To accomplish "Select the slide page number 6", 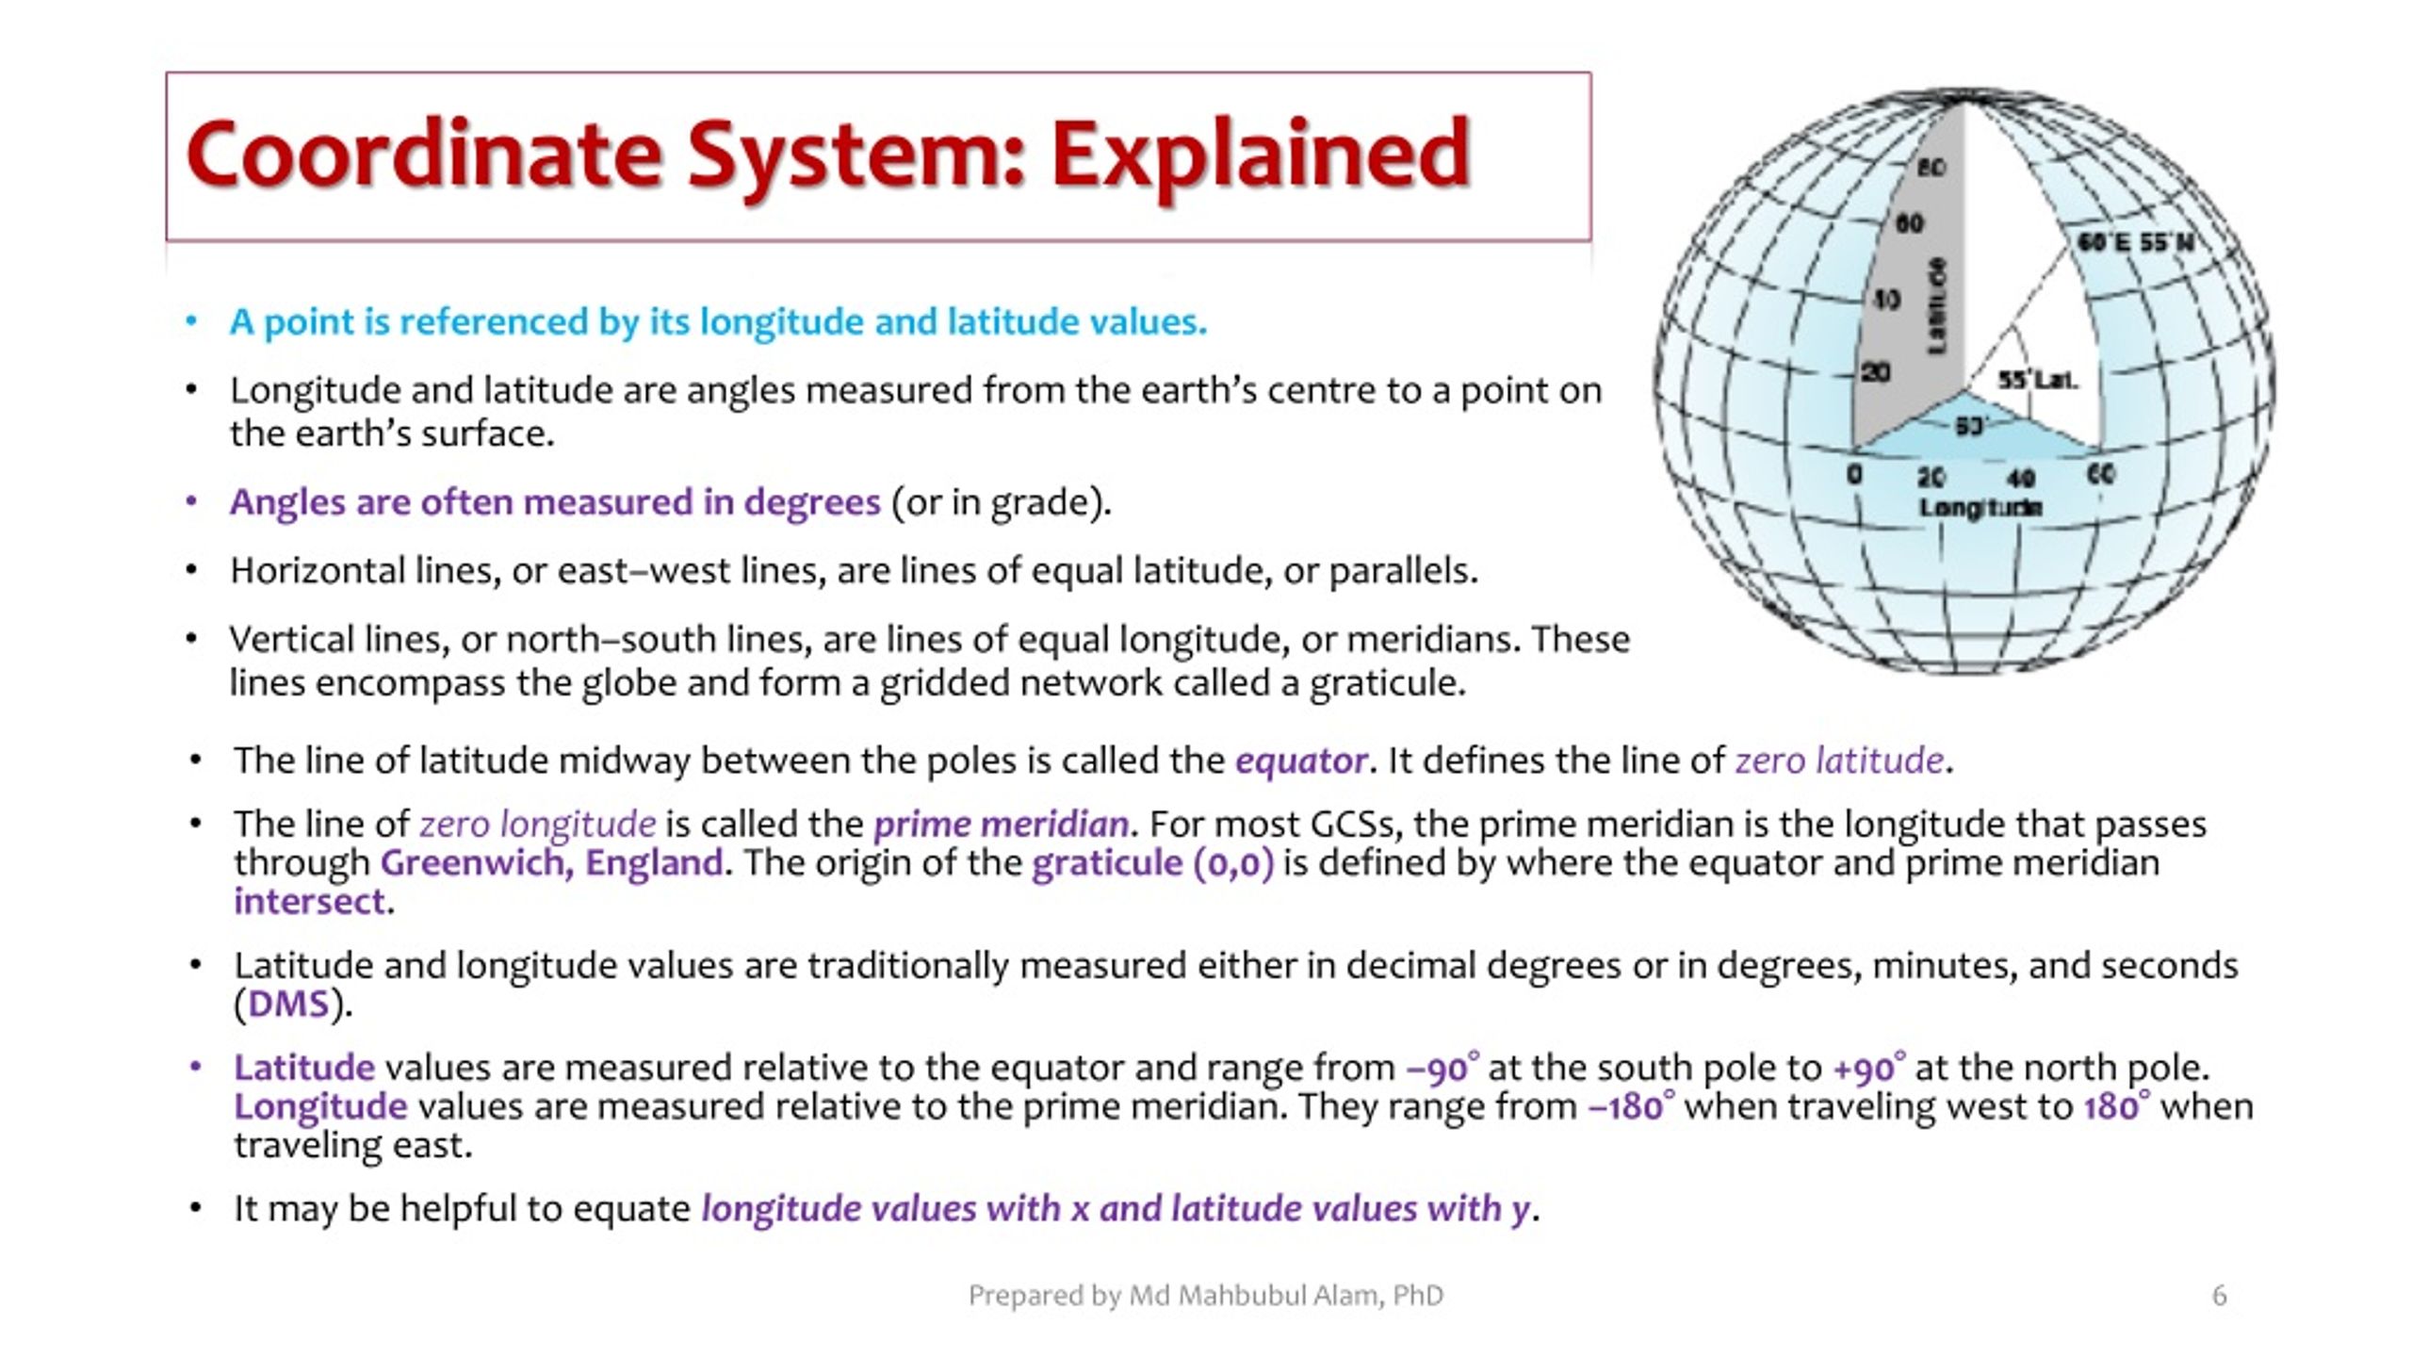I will coord(2219,1296).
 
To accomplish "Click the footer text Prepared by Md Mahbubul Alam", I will coord(1205,1296).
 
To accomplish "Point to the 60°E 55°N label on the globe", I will coord(2135,243).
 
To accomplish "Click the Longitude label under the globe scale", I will coord(1980,508).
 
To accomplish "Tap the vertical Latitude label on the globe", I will coord(1937,306).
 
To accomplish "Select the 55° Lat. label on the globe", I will coord(2037,381).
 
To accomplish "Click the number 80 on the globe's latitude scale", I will coord(1931,168).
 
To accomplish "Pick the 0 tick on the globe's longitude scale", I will coord(1854,474).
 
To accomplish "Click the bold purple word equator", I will coord(1300,760).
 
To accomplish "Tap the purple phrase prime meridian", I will coord(1001,825).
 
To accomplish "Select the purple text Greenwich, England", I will coord(551,863).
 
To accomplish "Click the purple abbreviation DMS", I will coord(288,1005).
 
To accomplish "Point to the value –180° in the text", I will coord(1631,1106).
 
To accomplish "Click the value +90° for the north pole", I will coord(1867,1068).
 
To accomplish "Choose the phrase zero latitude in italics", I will coord(1838,760).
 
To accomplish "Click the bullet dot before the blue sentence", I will coord(191,322).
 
